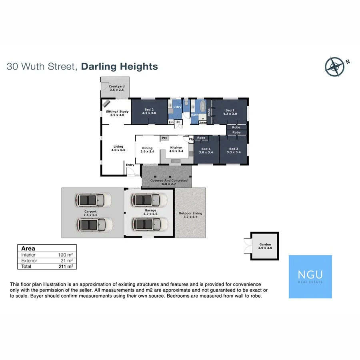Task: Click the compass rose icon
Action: point(335,67)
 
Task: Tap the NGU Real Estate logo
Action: point(310,277)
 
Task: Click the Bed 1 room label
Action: point(230,112)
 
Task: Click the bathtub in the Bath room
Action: point(203,107)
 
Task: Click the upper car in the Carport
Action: point(94,199)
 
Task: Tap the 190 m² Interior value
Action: point(66,255)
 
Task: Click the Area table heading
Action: point(28,248)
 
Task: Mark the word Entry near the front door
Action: point(130,165)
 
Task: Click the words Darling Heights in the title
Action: point(119,66)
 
